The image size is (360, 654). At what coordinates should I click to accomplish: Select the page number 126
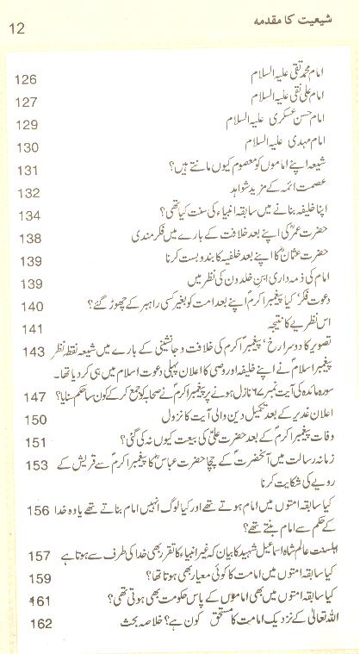click(x=26, y=80)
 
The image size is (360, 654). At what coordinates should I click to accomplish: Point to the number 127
click(x=26, y=103)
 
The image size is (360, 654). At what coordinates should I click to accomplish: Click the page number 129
click(x=26, y=125)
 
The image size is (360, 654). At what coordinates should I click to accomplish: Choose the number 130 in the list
click(x=26, y=147)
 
